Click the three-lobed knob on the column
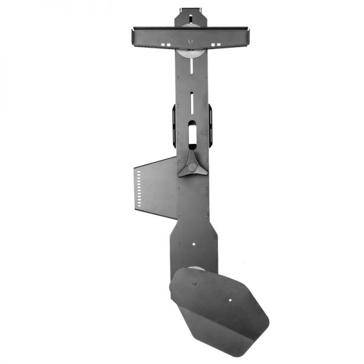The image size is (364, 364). point(191,164)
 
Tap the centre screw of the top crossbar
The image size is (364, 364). point(190,41)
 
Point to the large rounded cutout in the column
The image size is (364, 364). point(192,133)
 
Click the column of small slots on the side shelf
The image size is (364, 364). point(139,187)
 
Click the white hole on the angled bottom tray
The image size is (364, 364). point(231,299)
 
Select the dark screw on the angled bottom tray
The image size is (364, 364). point(194,283)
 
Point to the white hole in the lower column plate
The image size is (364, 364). point(193,245)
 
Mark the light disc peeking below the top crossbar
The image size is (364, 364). point(190,53)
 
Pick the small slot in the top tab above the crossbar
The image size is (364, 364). point(190,10)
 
